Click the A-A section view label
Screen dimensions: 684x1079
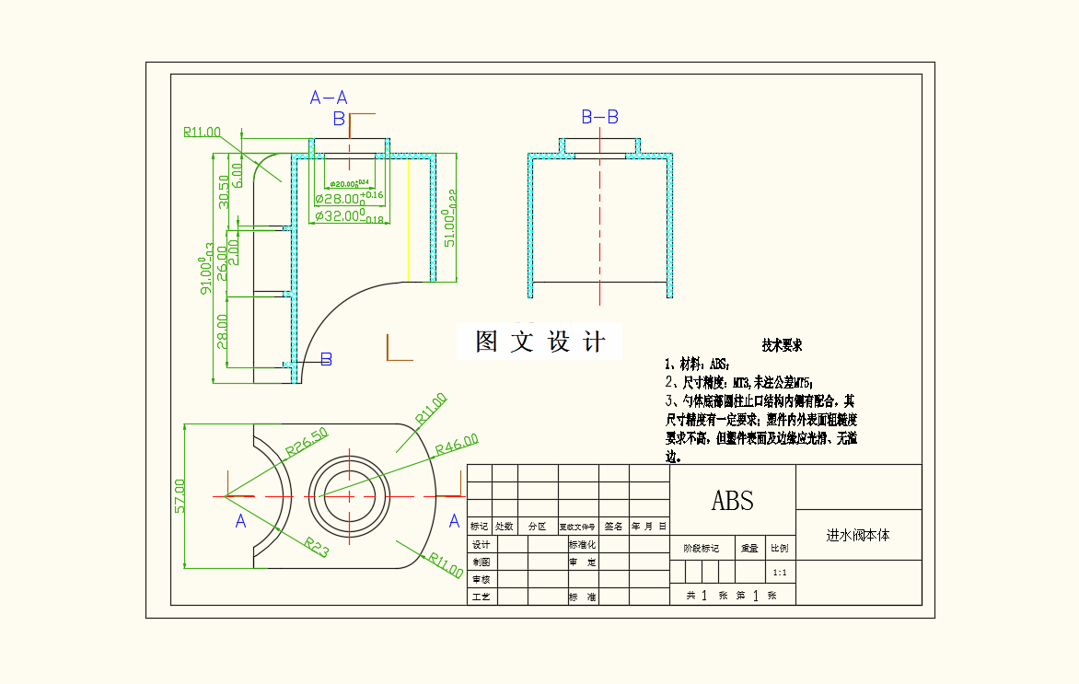click(329, 98)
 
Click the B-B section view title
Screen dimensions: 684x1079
click(599, 117)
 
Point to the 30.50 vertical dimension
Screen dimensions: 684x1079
click(223, 191)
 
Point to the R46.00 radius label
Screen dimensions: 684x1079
click(457, 444)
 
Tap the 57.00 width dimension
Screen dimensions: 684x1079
click(180, 495)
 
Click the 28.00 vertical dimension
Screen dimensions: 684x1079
click(222, 331)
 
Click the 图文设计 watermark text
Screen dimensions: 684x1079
click(540, 342)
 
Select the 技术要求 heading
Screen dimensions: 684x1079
click(782, 346)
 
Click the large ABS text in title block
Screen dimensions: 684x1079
click(733, 500)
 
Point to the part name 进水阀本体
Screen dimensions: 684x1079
click(858, 535)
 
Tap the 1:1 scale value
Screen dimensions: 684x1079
click(780, 573)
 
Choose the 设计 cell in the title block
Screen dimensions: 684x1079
click(481, 544)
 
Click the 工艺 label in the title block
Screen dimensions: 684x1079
click(481, 597)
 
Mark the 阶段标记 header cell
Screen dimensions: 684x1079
click(701, 548)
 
